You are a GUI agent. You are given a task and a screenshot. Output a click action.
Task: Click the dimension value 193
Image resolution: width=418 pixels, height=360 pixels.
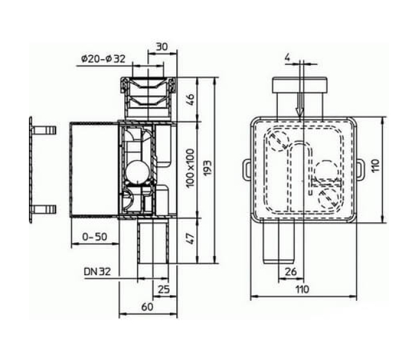click(x=208, y=168)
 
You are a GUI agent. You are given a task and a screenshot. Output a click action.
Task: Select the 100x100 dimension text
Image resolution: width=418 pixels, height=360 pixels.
click(x=190, y=168)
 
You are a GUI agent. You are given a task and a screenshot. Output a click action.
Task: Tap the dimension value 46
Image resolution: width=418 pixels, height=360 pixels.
click(x=190, y=100)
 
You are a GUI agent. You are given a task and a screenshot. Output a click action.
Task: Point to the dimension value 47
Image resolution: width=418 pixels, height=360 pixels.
click(x=190, y=239)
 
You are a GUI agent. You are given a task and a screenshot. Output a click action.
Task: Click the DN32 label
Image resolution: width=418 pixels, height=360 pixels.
click(x=97, y=272)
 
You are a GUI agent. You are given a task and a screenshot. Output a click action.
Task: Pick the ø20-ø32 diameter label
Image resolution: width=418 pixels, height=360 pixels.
click(x=103, y=59)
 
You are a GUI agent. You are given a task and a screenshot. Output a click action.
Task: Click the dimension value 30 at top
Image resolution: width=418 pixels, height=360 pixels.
click(x=162, y=47)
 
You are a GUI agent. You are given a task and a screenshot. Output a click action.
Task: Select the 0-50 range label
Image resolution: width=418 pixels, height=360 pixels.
click(x=95, y=237)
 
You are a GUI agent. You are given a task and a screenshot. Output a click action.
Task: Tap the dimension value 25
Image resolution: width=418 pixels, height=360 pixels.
click(x=164, y=289)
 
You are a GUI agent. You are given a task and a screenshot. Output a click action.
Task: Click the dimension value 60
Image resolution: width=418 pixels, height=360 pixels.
click(x=147, y=307)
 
